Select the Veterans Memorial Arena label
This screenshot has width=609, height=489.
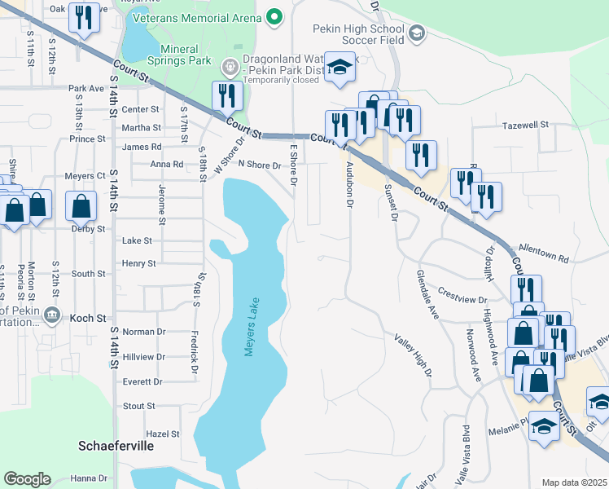tap(192, 15)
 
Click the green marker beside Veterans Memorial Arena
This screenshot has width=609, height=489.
tap(274, 15)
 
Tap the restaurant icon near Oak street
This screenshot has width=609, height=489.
tap(84, 17)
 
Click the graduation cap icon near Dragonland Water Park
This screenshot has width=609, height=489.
tap(340, 67)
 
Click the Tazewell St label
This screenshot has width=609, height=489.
tap(525, 126)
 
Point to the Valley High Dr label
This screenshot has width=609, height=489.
tap(413, 355)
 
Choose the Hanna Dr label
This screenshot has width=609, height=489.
tap(89, 478)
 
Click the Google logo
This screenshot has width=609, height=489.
tap(28, 479)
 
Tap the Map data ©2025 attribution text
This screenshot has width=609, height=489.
tap(574, 482)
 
